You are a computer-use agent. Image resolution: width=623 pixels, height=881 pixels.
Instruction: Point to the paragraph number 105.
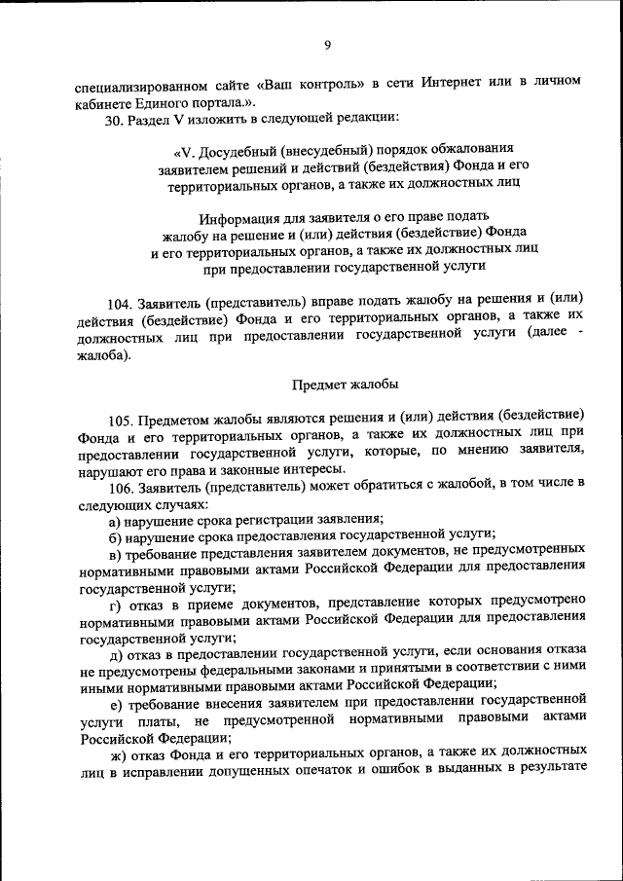(x=122, y=421)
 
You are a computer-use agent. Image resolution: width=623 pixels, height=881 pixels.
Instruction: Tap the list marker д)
(x=117, y=650)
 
